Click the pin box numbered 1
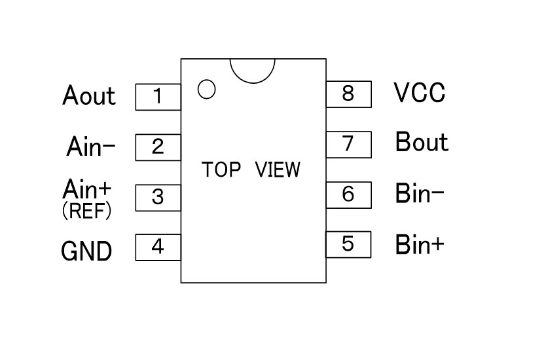click(158, 97)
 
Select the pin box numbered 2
click(158, 147)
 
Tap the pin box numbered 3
click(158, 197)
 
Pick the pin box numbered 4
click(158, 247)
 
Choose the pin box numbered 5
click(348, 244)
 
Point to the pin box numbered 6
click(348, 194)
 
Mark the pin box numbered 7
click(348, 143)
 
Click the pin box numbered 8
click(348, 94)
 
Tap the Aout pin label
click(89, 96)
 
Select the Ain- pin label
click(91, 147)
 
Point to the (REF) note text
click(86, 211)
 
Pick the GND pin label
click(86, 251)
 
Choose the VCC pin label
click(420, 93)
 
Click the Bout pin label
click(422, 142)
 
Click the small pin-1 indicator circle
click(206, 89)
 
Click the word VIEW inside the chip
click(278, 170)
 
